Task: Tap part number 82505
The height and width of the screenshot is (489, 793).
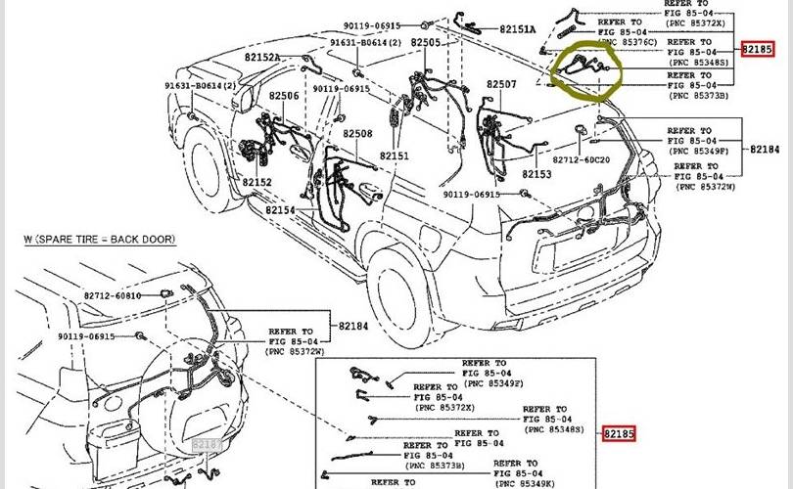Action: click(426, 43)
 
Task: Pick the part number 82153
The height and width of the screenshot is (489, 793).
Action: click(536, 174)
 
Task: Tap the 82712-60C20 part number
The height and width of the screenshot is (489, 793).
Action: click(581, 159)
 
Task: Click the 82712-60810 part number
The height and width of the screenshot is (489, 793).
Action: click(113, 295)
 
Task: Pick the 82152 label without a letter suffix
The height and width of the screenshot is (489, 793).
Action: click(257, 183)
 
